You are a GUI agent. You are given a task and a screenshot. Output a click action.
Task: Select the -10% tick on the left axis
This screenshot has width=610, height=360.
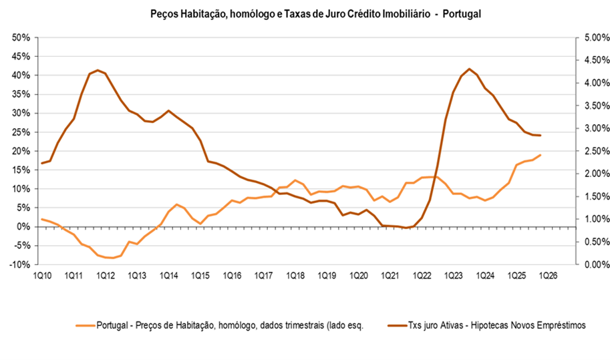pos(19,264)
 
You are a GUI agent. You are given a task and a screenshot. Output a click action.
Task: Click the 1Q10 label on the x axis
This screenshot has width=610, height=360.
pos(42,275)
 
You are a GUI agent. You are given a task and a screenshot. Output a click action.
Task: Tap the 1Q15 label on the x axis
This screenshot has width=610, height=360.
pos(200,275)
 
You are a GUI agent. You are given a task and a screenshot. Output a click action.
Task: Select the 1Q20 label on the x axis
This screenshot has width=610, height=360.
pos(358,275)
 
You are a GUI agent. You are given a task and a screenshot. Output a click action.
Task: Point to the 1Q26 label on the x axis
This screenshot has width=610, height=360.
pos(548,275)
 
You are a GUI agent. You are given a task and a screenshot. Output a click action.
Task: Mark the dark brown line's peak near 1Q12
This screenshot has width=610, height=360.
pos(98,69)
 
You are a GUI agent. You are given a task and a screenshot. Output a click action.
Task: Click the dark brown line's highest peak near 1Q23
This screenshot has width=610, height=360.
pos(470,69)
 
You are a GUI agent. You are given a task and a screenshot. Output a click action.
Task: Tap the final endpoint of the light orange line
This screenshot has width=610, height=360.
pos(540,155)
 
